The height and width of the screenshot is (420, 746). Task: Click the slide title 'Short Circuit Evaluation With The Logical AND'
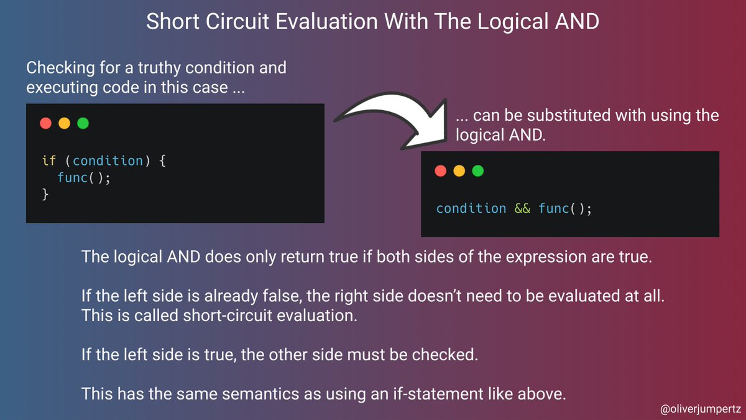(372, 22)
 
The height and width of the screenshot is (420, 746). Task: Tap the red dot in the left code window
(45, 123)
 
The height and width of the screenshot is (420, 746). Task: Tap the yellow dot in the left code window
(64, 123)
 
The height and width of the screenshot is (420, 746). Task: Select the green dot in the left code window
(83, 123)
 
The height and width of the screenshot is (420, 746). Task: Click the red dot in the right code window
(441, 170)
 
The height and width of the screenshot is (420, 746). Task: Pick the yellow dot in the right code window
(459, 170)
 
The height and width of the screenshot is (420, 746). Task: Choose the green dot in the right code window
(477, 170)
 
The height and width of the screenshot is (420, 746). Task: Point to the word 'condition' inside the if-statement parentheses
(108, 161)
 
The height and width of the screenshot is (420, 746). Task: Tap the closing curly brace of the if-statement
(45, 195)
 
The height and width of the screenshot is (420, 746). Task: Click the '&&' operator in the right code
(522, 208)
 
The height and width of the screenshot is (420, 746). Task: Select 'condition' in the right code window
(471, 208)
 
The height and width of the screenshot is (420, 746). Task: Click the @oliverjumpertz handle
(699, 409)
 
